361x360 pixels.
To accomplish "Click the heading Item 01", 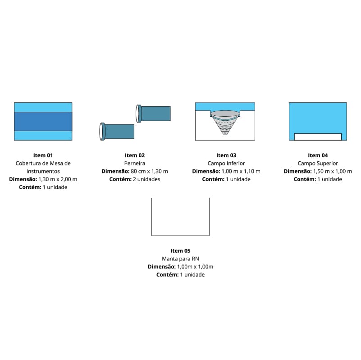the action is coord(43,155).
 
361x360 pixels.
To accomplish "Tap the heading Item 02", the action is coord(135,155).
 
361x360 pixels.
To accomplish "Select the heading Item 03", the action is coord(226,155).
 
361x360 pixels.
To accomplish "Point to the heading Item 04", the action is coord(318,155).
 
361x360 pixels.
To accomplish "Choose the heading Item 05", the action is coord(180,251).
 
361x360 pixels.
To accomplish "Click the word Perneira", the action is coord(135,164).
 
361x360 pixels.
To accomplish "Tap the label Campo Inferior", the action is coord(226,164).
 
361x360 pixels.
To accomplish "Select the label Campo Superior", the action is coord(318,164).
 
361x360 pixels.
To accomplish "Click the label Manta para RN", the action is coord(180,259).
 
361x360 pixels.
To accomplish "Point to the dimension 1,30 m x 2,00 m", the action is coord(58,179).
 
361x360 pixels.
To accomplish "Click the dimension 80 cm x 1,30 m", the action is coord(150,171).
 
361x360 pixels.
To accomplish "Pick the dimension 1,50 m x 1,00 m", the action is coord(333,171).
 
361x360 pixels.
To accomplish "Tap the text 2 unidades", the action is coord(146,179).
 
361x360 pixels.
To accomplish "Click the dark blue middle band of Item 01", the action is coord(43,122).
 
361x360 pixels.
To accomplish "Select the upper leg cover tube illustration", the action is coord(153,114).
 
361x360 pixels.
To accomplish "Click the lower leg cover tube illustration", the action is coord(117,132).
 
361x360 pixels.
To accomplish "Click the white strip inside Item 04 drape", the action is coord(318,137).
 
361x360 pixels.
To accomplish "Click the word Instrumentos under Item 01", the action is coord(43,171).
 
